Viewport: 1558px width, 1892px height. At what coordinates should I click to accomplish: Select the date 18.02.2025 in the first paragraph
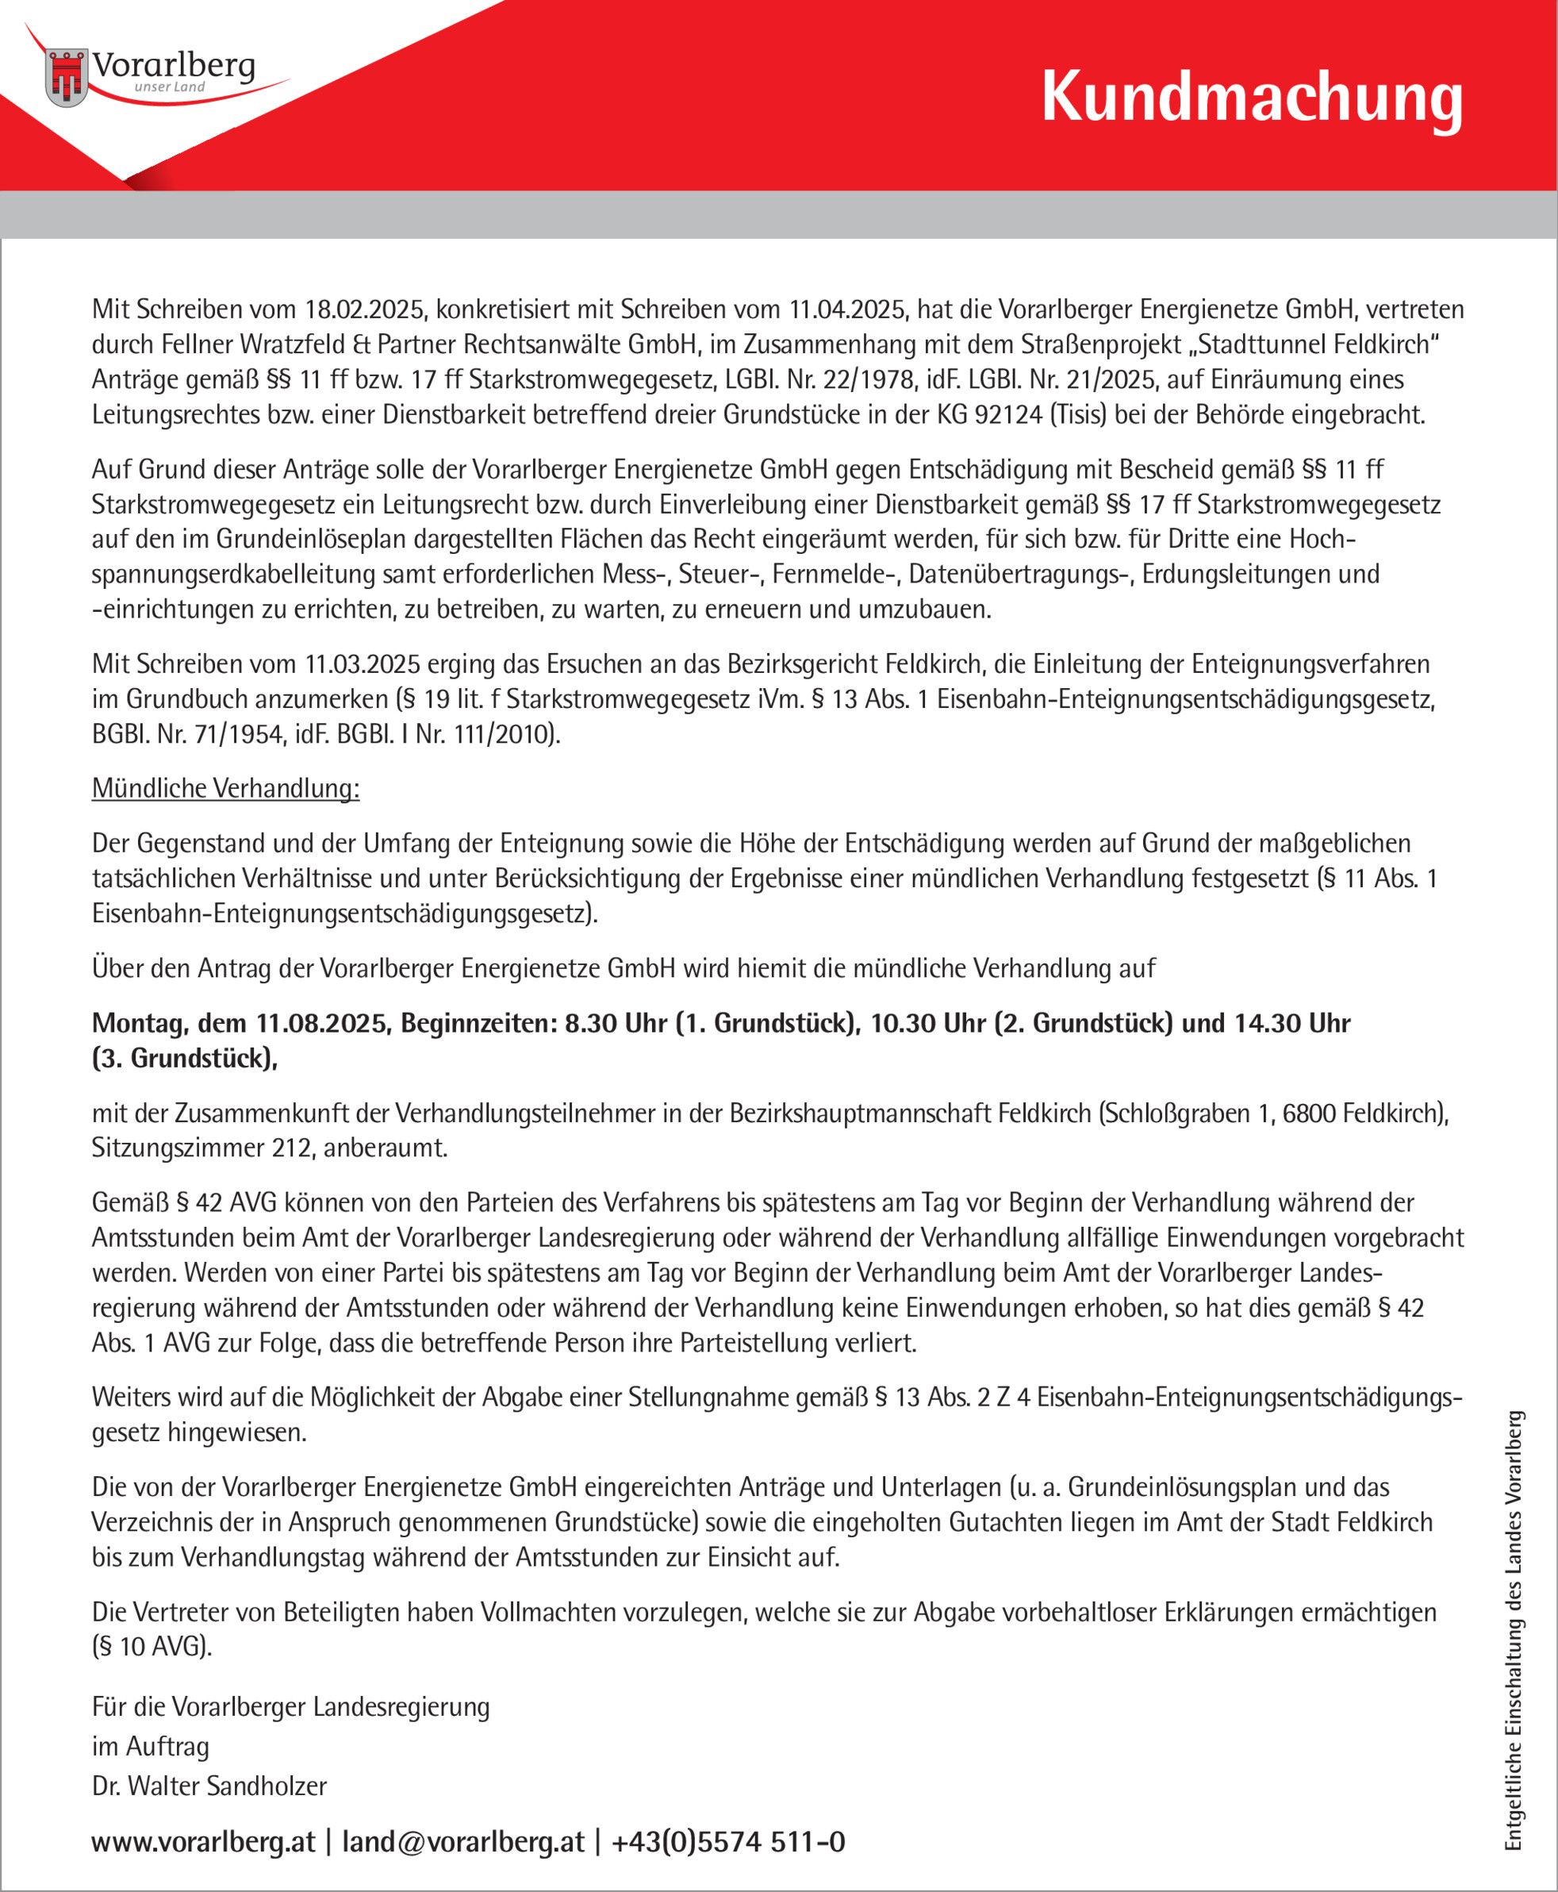(x=367, y=310)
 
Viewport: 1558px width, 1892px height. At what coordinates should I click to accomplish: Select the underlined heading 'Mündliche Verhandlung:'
(x=225, y=790)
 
